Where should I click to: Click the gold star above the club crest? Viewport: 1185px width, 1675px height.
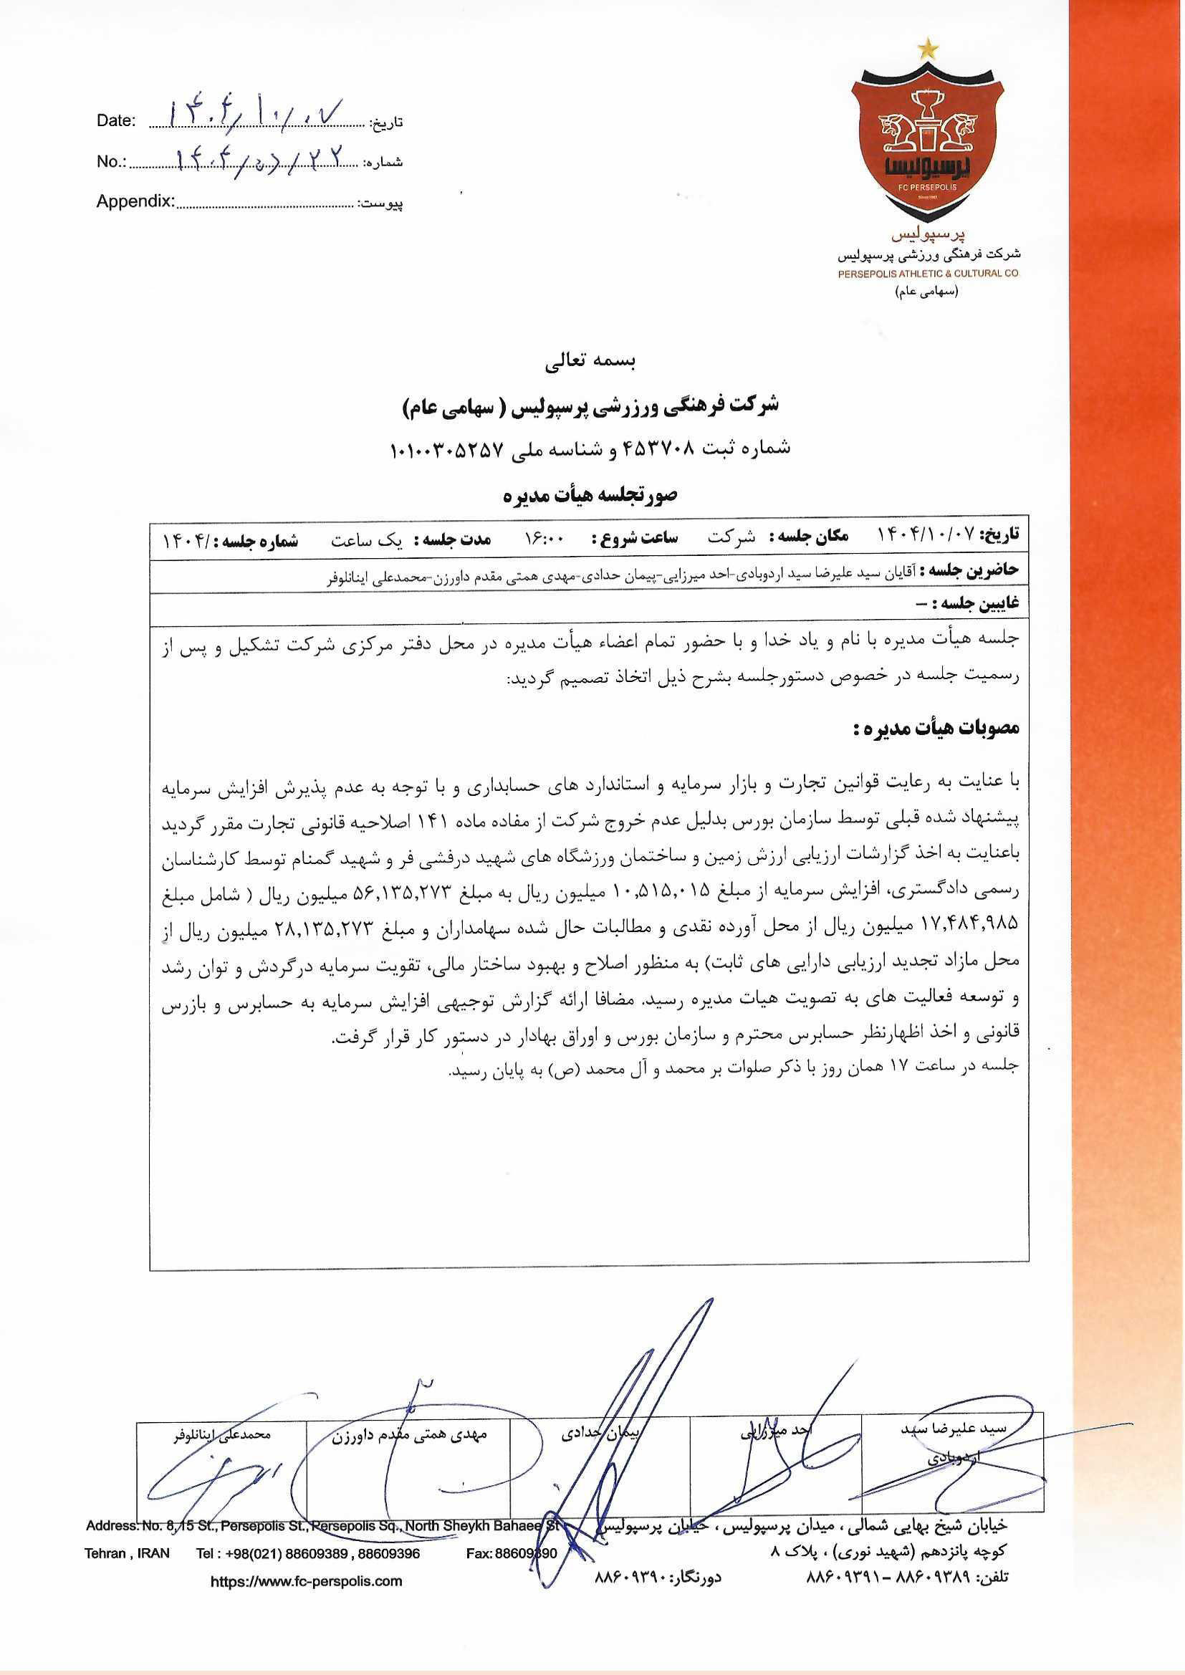(x=926, y=48)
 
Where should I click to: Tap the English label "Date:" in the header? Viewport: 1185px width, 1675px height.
(x=116, y=122)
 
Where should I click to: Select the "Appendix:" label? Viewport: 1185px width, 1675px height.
(x=135, y=201)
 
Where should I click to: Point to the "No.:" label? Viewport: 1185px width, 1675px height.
(x=112, y=162)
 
